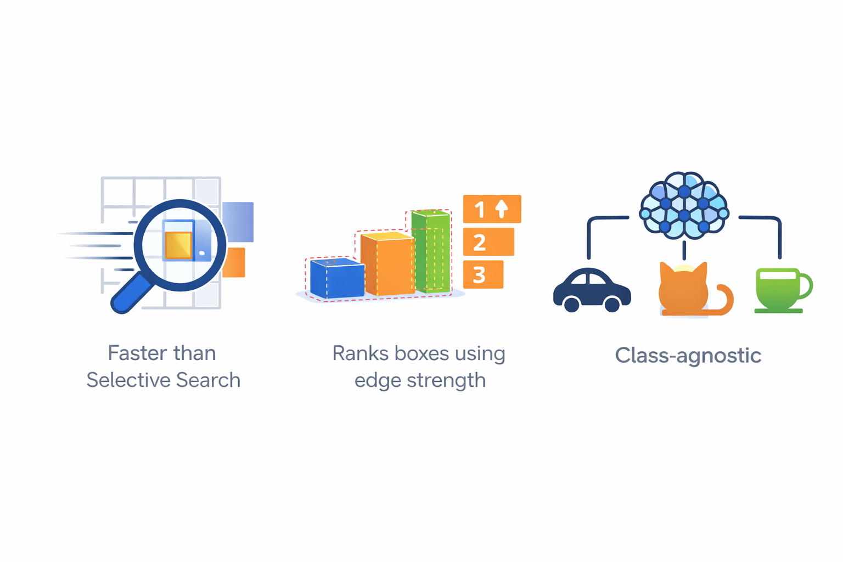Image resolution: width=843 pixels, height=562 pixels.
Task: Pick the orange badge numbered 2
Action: pos(488,242)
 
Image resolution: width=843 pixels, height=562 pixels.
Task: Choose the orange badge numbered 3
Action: pos(483,274)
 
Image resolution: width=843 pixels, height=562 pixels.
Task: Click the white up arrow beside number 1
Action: pos(502,209)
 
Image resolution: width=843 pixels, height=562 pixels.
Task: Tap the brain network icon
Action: pos(684,205)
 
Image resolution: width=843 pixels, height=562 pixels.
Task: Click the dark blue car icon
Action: pos(592,289)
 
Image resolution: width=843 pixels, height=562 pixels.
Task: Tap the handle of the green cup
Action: pos(805,286)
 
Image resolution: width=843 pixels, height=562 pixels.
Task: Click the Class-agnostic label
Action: pos(688,356)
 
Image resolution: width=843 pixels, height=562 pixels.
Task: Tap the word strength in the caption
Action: pos(446,380)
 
